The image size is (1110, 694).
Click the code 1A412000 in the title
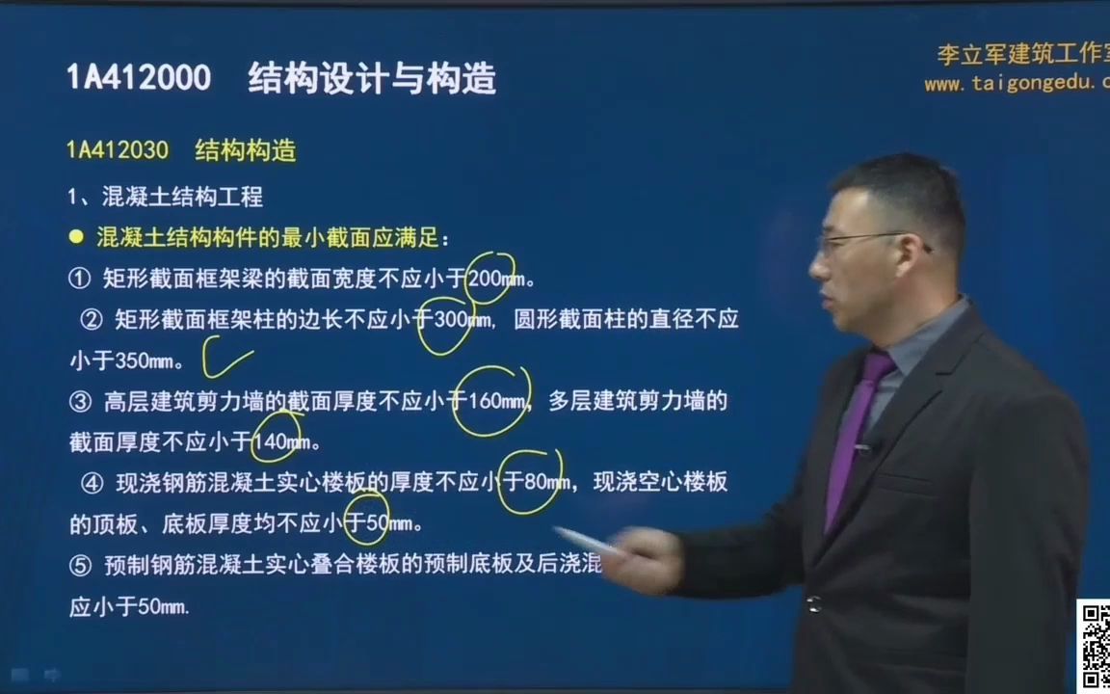click(139, 78)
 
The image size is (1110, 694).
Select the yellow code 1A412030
click(118, 150)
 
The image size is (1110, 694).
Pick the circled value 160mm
click(497, 401)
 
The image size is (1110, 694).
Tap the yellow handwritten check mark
click(227, 358)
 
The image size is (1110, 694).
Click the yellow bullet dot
click(77, 237)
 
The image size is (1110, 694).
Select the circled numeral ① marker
click(79, 280)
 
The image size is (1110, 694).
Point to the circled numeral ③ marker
click(80, 402)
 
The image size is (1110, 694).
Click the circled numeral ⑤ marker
click(80, 566)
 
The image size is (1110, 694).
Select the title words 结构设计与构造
click(372, 78)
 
